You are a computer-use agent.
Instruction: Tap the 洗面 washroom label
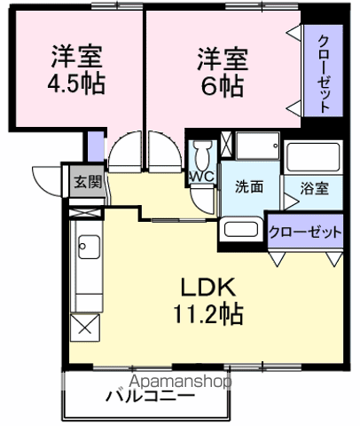click(x=249, y=187)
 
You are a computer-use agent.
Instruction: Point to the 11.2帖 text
click(x=209, y=312)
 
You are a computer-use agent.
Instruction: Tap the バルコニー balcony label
click(x=151, y=397)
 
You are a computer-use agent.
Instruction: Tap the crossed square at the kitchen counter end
click(x=86, y=326)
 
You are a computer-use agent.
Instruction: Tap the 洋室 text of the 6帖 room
click(x=222, y=60)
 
